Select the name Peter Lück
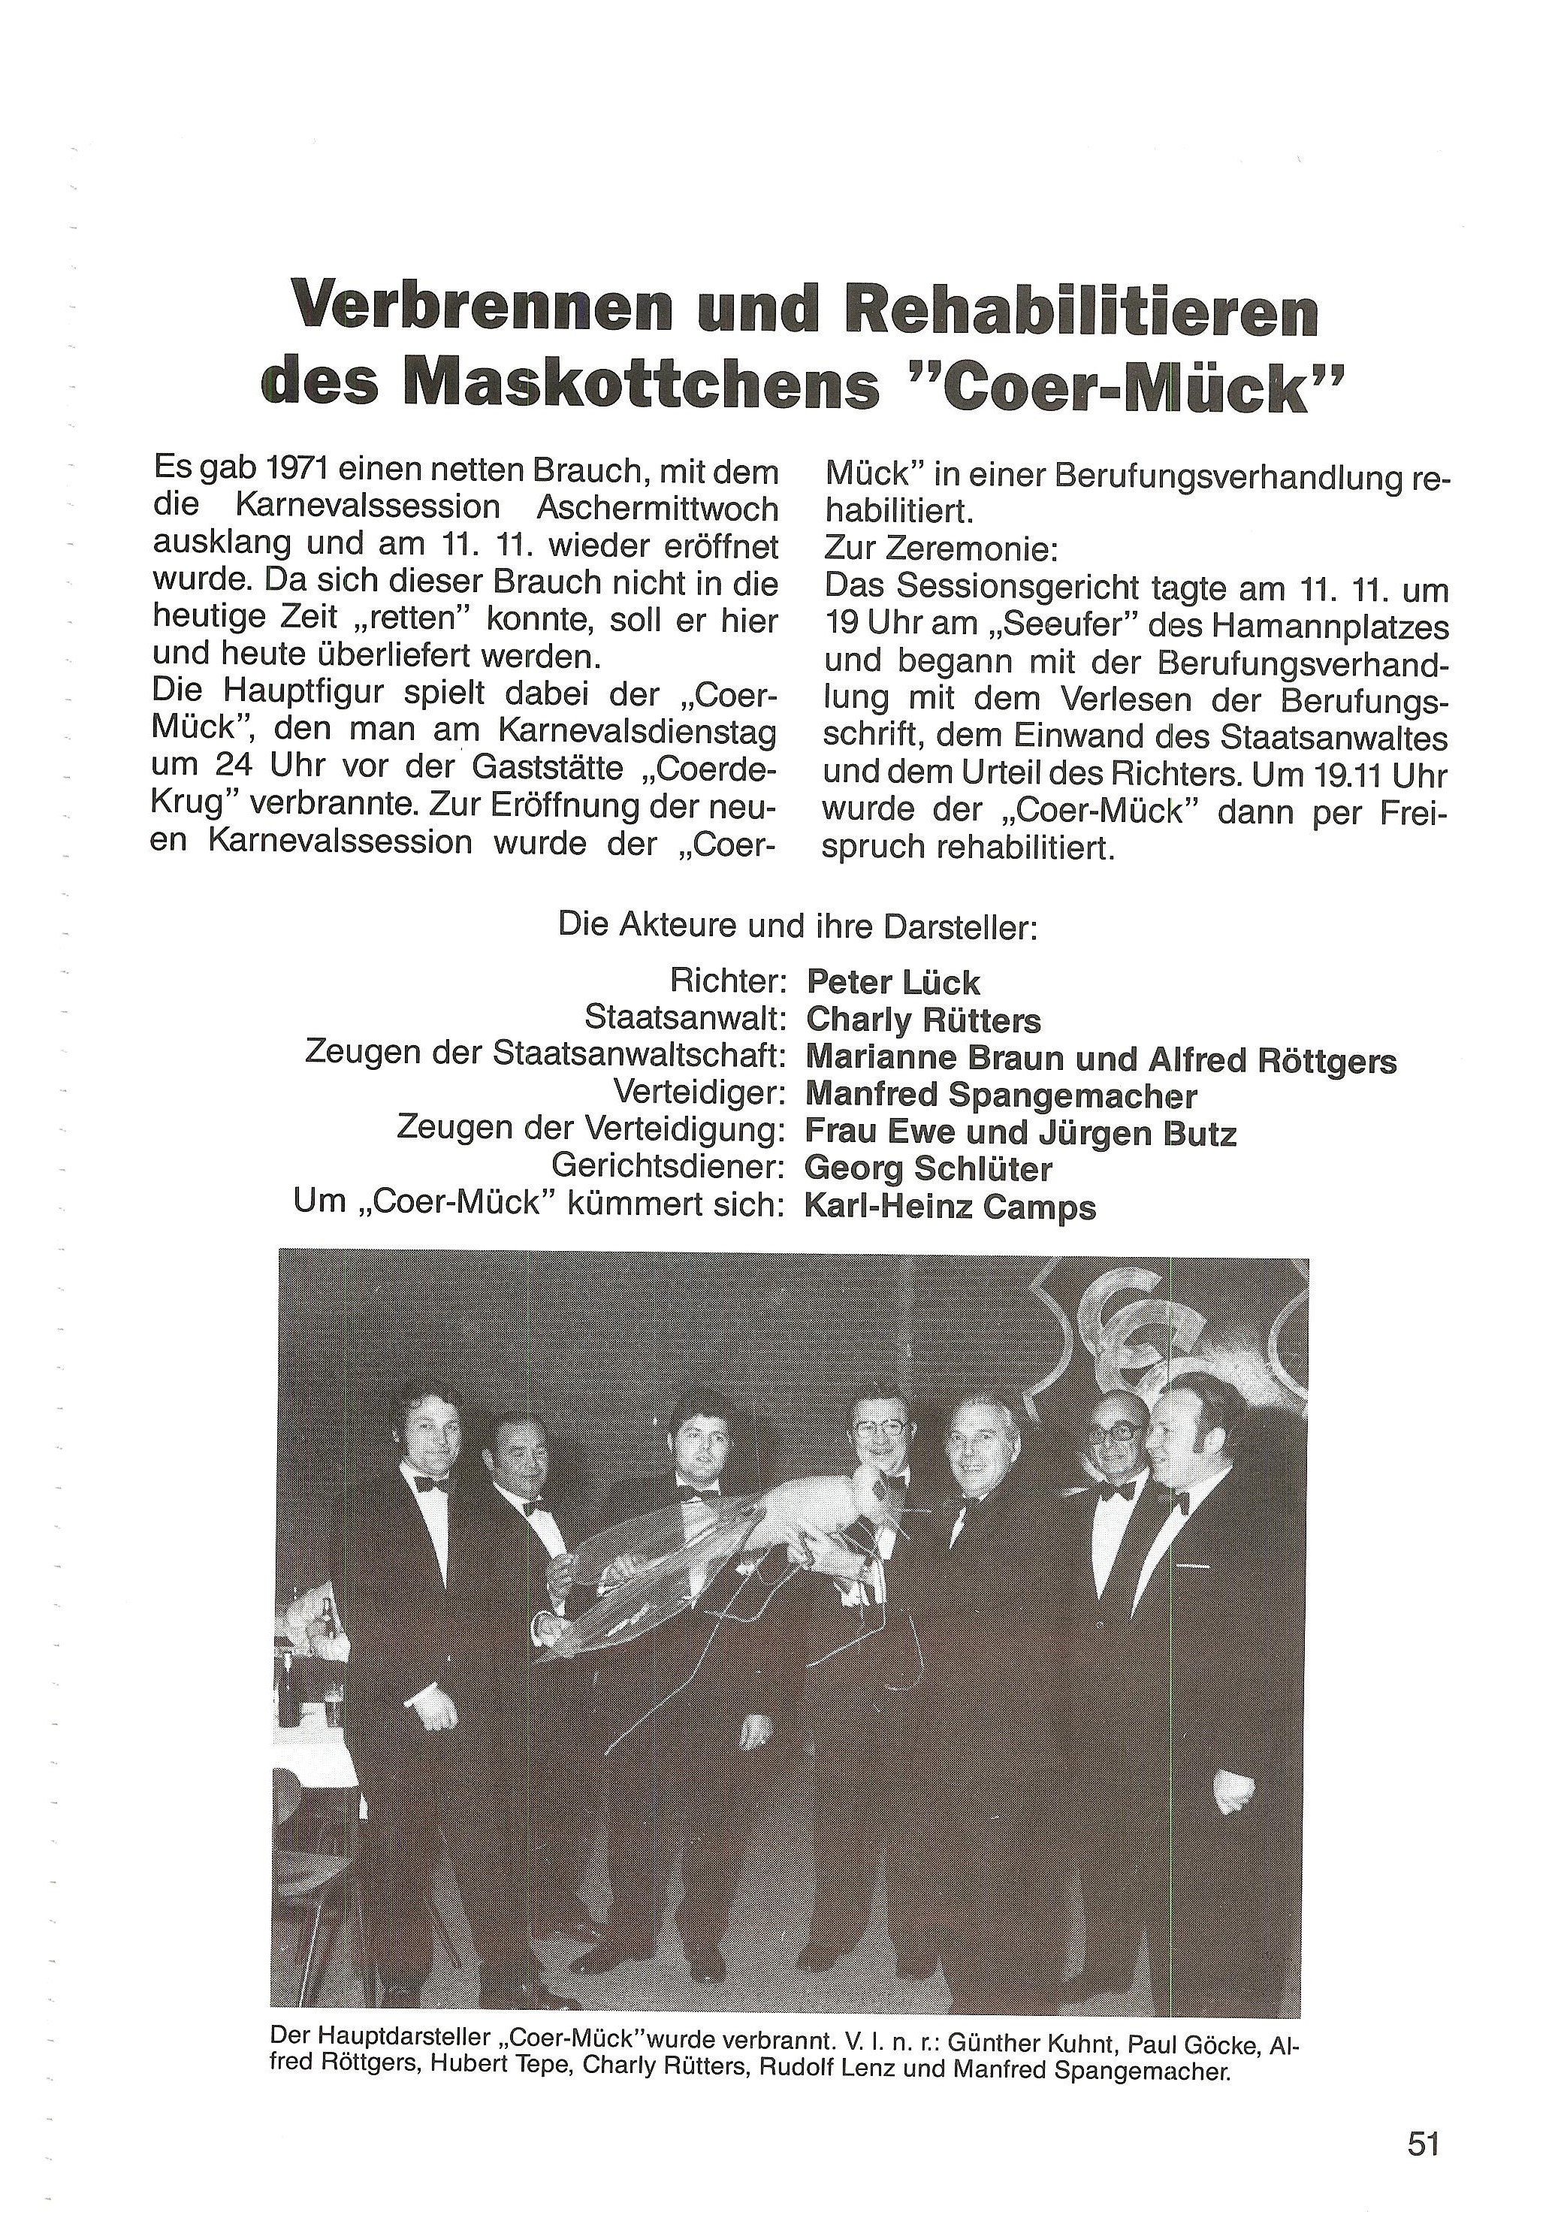pyautogui.click(x=892, y=984)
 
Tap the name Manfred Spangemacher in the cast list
pyautogui.click(x=1001, y=1095)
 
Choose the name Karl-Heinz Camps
pyautogui.click(x=950, y=1207)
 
